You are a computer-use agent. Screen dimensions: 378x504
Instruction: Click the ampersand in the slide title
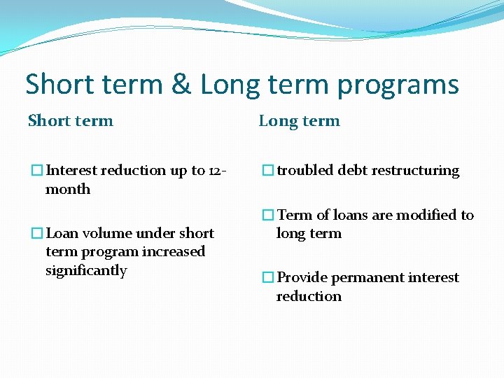click(181, 85)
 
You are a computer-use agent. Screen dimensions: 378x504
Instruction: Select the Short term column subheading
click(70, 120)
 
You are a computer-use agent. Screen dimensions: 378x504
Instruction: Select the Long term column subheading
click(299, 120)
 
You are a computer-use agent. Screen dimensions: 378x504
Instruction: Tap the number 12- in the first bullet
click(218, 170)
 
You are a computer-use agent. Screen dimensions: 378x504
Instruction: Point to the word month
click(68, 189)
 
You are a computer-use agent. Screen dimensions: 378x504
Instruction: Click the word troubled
click(305, 171)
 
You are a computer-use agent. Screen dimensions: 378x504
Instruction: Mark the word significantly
click(86, 271)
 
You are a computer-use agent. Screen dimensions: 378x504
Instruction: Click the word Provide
click(302, 277)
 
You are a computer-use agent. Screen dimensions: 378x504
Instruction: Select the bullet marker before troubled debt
click(267, 171)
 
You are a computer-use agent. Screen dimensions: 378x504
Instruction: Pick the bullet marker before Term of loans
click(267, 216)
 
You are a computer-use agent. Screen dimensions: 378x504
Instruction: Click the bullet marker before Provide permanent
click(267, 278)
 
